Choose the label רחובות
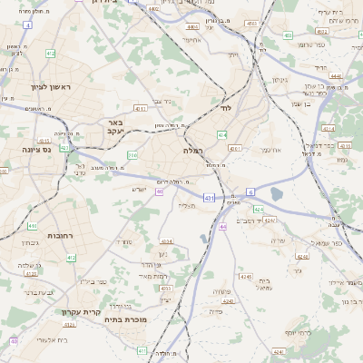pos(33,235)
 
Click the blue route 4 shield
pos(28,25)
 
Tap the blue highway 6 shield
pos(250,191)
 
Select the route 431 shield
pos(210,197)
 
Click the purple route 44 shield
pos(222,226)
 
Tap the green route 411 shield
pos(142,349)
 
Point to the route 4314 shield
pos(328,129)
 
